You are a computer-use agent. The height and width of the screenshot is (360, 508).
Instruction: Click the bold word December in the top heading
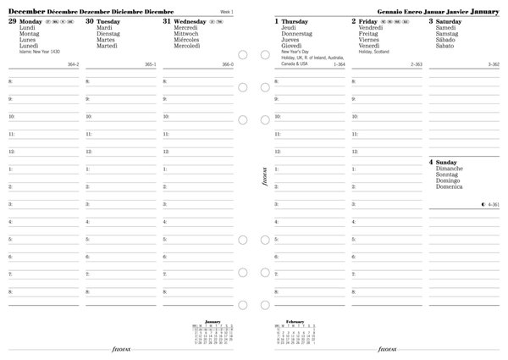click(x=26, y=11)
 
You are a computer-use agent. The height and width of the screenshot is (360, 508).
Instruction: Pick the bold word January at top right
click(x=483, y=11)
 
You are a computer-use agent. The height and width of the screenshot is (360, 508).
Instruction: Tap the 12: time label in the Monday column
click(x=11, y=152)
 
